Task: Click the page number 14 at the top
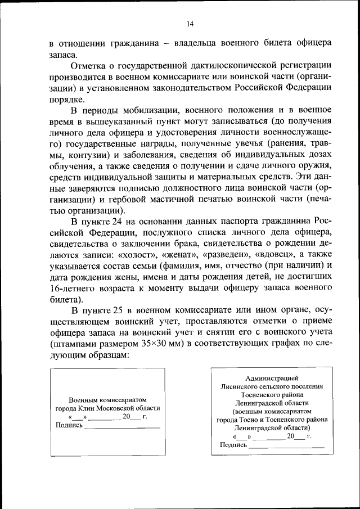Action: pos(190,23)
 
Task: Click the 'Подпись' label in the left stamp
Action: pos(69,426)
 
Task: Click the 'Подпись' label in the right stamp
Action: pos(233,445)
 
